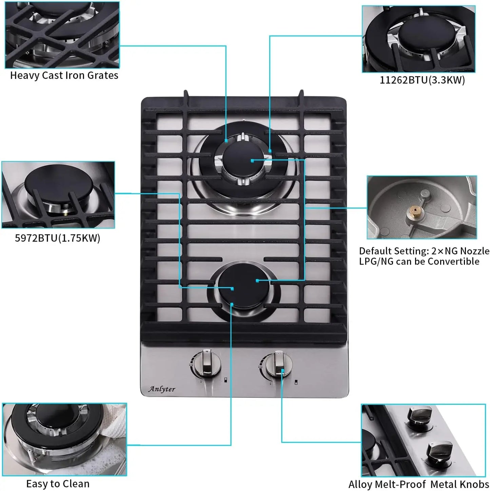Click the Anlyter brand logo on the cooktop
tap(162, 389)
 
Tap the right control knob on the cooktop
tap(278, 365)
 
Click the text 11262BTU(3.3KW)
tap(422, 80)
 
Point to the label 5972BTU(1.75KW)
tap(58, 238)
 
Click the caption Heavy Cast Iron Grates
tap(64, 75)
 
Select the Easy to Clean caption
tap(58, 484)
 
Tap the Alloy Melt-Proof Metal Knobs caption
tap(419, 484)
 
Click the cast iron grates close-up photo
tap(62, 35)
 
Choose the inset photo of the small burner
tap(58, 195)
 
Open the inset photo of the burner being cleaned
tap(64, 439)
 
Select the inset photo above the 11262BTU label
tap(418, 39)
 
